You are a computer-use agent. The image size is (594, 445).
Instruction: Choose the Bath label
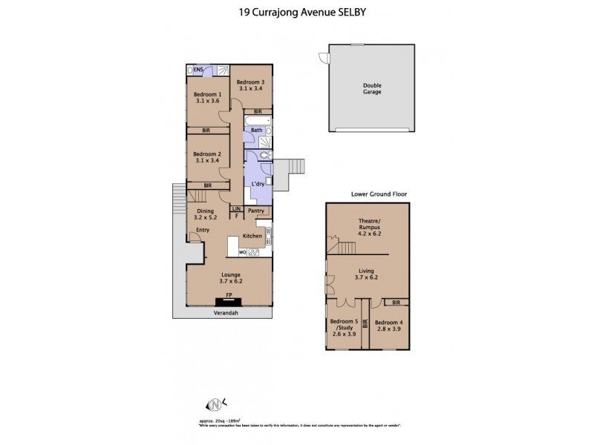point(255,131)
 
